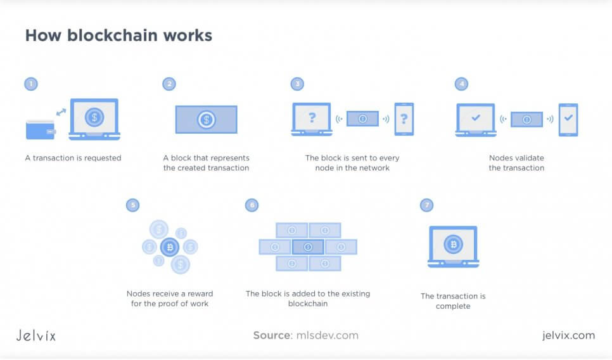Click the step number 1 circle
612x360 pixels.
[x=30, y=84]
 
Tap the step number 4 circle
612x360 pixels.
[x=461, y=84]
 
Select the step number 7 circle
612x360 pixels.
[x=426, y=205]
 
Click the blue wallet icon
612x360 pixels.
[x=40, y=130]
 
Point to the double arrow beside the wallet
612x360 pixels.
[x=61, y=112]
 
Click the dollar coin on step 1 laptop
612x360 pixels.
[x=94, y=117]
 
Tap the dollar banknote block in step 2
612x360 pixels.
[x=206, y=119]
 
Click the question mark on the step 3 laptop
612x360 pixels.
[x=312, y=118]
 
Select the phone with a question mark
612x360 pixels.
[x=404, y=119]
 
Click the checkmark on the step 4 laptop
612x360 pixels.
[x=476, y=118]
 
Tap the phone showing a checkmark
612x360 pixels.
[x=568, y=119]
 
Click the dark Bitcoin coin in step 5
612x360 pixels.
[x=169, y=247]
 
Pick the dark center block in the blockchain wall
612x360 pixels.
[x=308, y=247]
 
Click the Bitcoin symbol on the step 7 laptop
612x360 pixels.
[x=452, y=244]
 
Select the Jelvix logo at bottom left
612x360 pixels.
[x=35, y=335]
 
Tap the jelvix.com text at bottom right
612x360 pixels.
[x=568, y=335]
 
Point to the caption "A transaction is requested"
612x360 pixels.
[x=72, y=158]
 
